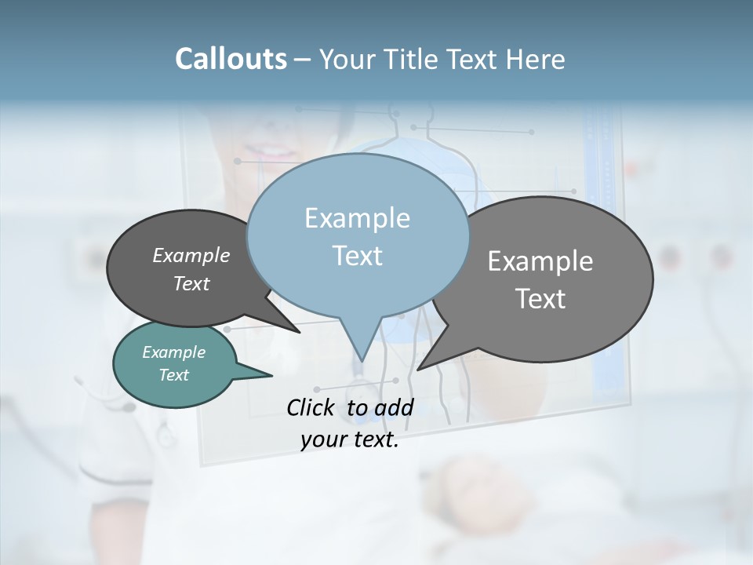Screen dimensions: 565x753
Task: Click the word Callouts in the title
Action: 231,59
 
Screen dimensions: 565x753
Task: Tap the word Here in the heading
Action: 535,59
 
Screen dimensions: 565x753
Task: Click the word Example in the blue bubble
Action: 358,218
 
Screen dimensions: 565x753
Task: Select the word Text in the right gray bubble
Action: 540,299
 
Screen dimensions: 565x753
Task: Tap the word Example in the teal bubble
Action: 173,352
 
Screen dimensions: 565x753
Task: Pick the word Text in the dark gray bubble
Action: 191,283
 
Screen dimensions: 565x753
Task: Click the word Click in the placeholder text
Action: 311,407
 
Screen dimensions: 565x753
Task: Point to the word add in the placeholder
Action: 393,407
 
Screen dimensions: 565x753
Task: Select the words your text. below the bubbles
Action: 350,440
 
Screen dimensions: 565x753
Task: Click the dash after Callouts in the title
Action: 302,59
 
